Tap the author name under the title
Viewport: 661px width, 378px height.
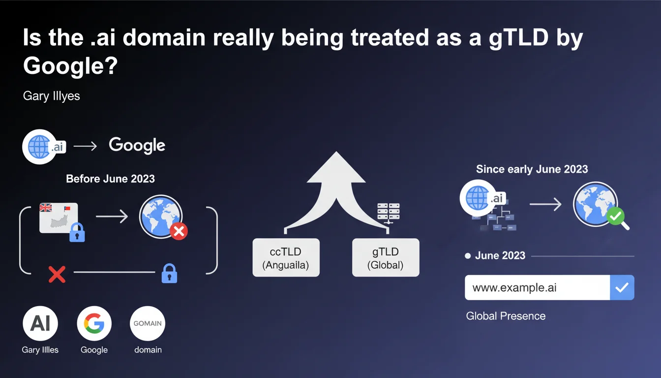(x=51, y=96)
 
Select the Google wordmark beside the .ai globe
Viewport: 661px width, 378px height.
(x=137, y=145)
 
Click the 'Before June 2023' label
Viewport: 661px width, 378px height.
(x=110, y=179)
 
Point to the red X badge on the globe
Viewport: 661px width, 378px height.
(x=179, y=231)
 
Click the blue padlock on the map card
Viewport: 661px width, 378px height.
(x=77, y=233)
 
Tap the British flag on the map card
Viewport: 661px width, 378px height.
(x=45, y=208)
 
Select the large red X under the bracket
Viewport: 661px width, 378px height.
(x=57, y=275)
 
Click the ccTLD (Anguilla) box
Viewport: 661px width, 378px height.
(x=286, y=257)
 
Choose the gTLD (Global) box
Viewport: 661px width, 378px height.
(x=386, y=257)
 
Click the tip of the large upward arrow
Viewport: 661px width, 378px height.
(x=336, y=152)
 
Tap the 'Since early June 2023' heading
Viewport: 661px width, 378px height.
(x=532, y=169)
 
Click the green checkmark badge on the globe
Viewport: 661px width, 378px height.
(x=616, y=216)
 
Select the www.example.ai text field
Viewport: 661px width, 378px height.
(x=538, y=287)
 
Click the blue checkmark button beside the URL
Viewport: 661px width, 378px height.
(x=622, y=287)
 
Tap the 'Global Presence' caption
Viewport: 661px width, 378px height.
(x=506, y=316)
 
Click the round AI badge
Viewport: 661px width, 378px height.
(x=40, y=323)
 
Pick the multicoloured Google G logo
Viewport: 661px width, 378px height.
(x=94, y=323)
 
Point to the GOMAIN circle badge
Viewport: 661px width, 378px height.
(x=148, y=323)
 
